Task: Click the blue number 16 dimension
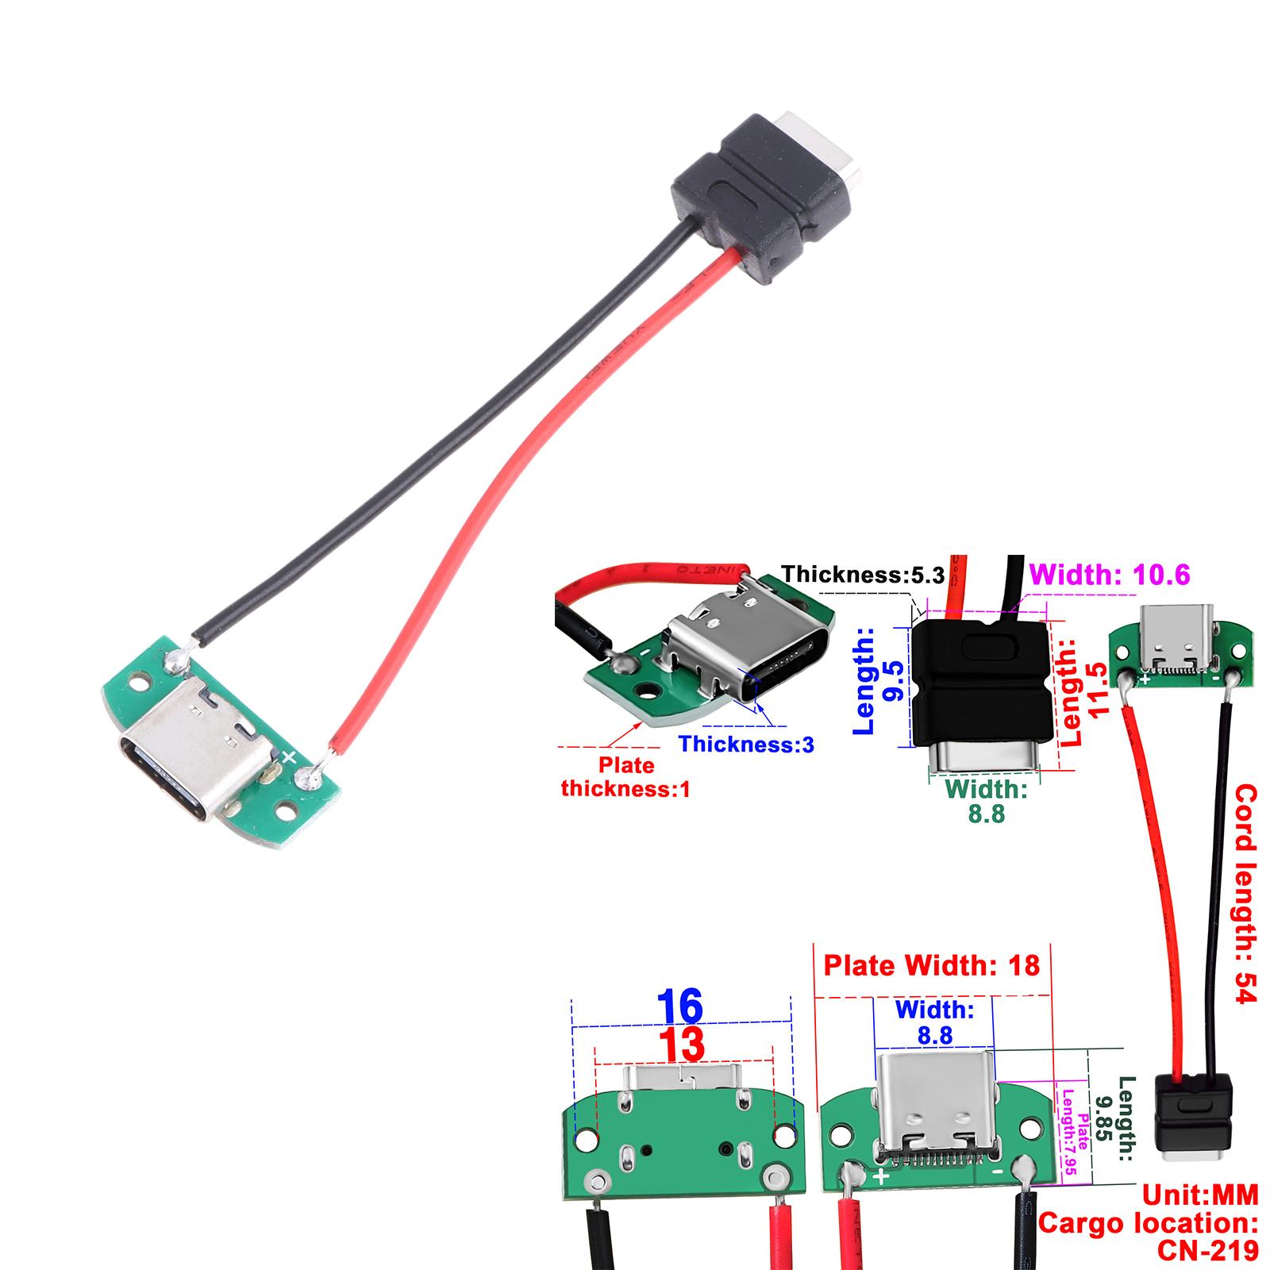tap(681, 1006)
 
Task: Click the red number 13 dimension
tap(683, 1045)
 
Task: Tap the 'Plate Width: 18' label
tap(931, 965)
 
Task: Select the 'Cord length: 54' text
tap(1245, 893)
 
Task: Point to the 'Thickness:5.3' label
tap(863, 574)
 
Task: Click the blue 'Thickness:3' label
tap(747, 744)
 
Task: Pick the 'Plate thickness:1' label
tap(625, 777)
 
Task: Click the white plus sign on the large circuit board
tap(290, 756)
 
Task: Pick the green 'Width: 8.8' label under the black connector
tap(986, 801)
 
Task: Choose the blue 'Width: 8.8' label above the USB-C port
tap(934, 1022)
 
